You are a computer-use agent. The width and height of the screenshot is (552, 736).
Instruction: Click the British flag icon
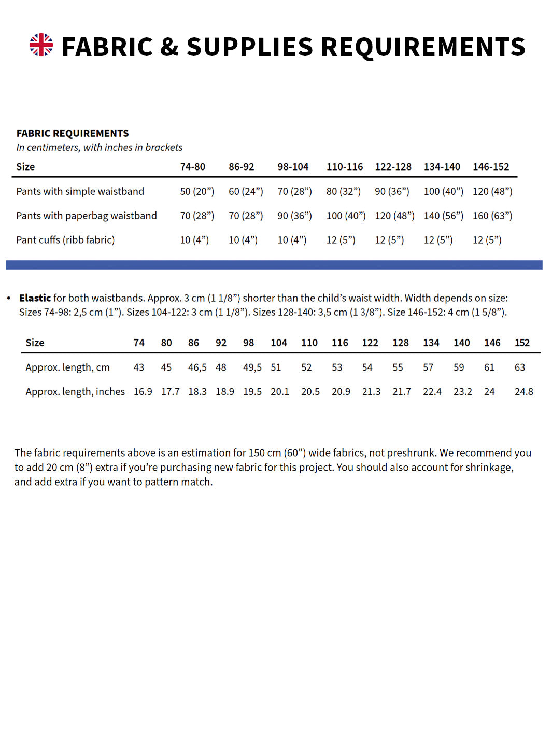(41, 45)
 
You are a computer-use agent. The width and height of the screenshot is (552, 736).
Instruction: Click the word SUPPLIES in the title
(250, 47)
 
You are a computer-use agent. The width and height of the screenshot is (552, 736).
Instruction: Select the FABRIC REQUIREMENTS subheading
(73, 133)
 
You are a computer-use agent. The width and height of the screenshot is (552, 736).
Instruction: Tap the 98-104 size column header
(293, 167)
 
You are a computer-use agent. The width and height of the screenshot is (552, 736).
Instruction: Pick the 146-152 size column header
(491, 167)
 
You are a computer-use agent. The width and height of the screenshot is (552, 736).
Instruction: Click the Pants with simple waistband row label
(80, 191)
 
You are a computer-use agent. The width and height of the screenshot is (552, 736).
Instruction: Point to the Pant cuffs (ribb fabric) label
(65, 240)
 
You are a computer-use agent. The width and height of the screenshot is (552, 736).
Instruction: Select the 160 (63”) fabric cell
(492, 216)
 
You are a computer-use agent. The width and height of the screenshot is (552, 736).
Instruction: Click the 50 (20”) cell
(197, 191)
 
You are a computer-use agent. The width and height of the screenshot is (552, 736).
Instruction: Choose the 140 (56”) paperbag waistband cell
(444, 216)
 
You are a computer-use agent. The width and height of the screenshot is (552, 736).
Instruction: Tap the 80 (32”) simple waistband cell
(344, 191)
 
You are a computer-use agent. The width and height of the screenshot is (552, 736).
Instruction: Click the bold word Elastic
(35, 298)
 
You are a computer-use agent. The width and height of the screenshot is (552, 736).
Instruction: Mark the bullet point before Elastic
(9, 298)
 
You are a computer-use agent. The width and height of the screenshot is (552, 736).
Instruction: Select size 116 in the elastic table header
(340, 343)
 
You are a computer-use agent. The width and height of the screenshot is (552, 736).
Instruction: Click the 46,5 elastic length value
(197, 367)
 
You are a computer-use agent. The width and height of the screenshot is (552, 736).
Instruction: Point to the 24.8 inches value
(523, 392)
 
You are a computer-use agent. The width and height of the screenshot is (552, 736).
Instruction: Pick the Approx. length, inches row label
(75, 392)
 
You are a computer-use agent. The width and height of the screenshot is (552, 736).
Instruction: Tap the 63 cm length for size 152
(520, 367)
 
